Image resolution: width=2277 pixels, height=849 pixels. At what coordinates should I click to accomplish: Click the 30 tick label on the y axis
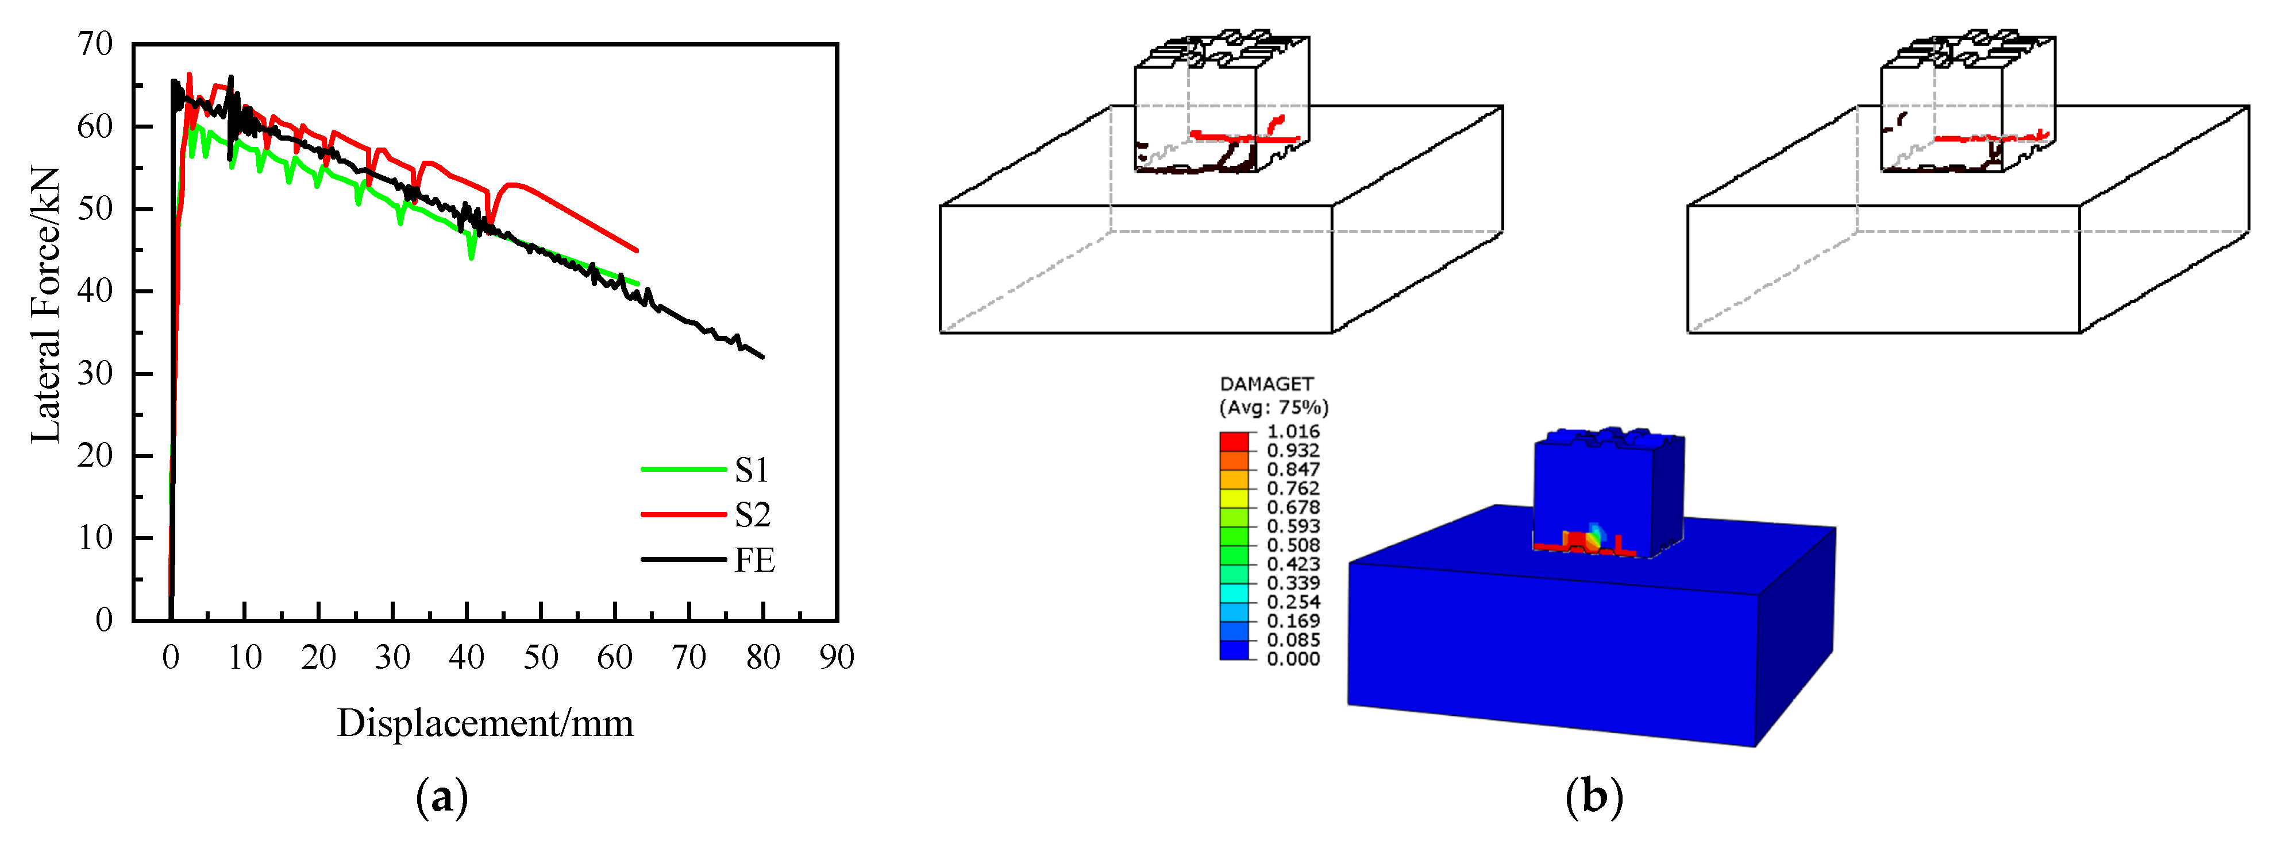click(95, 373)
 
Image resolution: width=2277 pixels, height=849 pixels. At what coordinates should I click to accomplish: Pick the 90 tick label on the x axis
click(836, 657)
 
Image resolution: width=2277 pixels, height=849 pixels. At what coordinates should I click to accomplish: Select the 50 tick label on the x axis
click(540, 657)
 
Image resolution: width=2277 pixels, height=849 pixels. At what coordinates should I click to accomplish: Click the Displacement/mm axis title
click(486, 723)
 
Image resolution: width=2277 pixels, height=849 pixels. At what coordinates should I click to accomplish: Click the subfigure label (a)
click(441, 798)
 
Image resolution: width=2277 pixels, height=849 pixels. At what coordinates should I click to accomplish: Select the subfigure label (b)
click(1594, 798)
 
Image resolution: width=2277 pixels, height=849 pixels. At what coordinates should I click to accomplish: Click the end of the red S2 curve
click(637, 251)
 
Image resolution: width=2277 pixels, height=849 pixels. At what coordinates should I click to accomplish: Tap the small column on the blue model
click(1607, 490)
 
